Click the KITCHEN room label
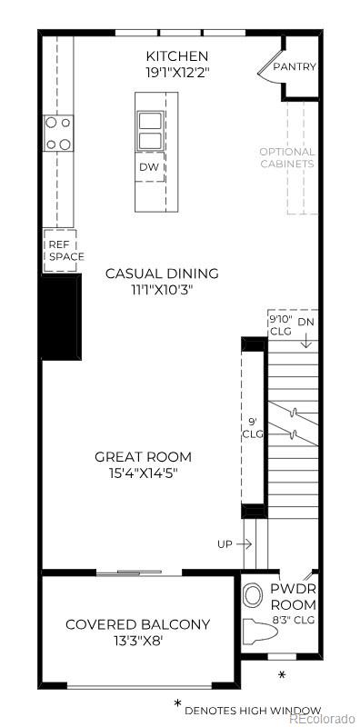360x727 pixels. [x=171, y=55]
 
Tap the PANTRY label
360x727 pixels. [x=295, y=66]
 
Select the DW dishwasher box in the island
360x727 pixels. [x=149, y=167]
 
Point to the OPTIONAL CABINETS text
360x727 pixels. [x=287, y=158]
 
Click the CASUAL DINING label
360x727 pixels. [x=162, y=274]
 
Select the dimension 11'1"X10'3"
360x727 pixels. [x=162, y=290]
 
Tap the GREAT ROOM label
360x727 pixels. [x=144, y=456]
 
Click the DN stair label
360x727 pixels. [x=306, y=322]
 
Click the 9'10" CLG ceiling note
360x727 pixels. [x=279, y=325]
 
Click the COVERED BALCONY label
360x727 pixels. [x=137, y=624]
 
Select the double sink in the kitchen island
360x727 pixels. [x=149, y=129]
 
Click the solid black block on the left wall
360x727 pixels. [x=59, y=317]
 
